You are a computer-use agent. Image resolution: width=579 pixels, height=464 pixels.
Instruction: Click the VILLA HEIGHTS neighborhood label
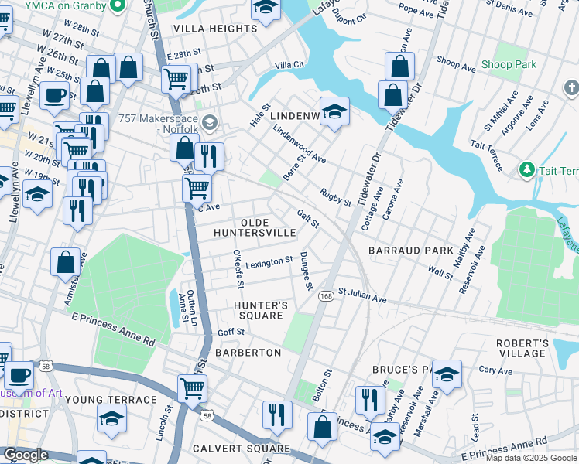tap(214, 29)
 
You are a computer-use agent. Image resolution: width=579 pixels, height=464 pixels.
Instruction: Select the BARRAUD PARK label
tap(410, 251)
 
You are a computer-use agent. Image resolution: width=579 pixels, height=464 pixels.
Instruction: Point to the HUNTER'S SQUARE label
tap(261, 311)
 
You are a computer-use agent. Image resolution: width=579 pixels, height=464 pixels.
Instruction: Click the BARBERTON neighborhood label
tap(248, 353)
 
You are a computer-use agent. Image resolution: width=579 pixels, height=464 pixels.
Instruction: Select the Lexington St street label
tap(269, 264)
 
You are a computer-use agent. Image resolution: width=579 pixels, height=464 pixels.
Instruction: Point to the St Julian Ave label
tap(361, 296)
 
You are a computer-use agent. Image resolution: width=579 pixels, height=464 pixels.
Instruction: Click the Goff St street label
tap(231, 332)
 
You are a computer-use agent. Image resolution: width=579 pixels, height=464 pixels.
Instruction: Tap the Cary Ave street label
tap(495, 370)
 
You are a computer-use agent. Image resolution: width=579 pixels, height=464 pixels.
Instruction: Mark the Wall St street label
tap(440, 271)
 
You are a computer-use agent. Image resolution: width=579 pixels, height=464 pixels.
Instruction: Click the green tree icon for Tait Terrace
tap(526, 169)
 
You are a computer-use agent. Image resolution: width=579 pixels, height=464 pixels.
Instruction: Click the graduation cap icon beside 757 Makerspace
tap(209, 122)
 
